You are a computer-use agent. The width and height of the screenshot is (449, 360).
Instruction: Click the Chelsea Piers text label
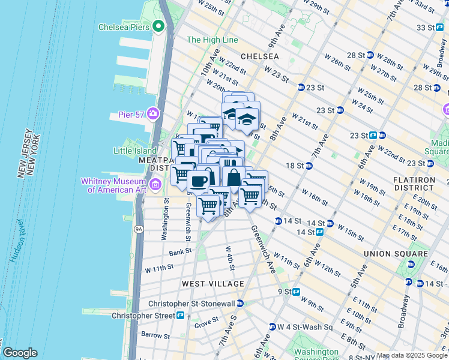(x=124, y=26)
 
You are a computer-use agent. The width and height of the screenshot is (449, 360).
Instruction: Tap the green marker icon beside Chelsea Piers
(x=158, y=26)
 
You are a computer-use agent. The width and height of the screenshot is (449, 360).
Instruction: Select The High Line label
(x=212, y=40)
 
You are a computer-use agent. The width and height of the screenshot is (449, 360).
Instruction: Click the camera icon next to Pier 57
(x=154, y=113)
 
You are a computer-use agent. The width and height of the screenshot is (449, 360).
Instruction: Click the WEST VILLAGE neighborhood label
(x=214, y=283)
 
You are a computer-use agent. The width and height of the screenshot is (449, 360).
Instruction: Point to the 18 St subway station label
(x=294, y=166)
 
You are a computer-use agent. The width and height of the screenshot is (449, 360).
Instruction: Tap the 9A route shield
(x=139, y=229)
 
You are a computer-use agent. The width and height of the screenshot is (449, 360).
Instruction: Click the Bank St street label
(x=179, y=253)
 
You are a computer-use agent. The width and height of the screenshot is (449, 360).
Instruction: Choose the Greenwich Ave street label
(x=263, y=249)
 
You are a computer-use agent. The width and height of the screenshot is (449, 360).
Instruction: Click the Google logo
(x=19, y=353)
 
